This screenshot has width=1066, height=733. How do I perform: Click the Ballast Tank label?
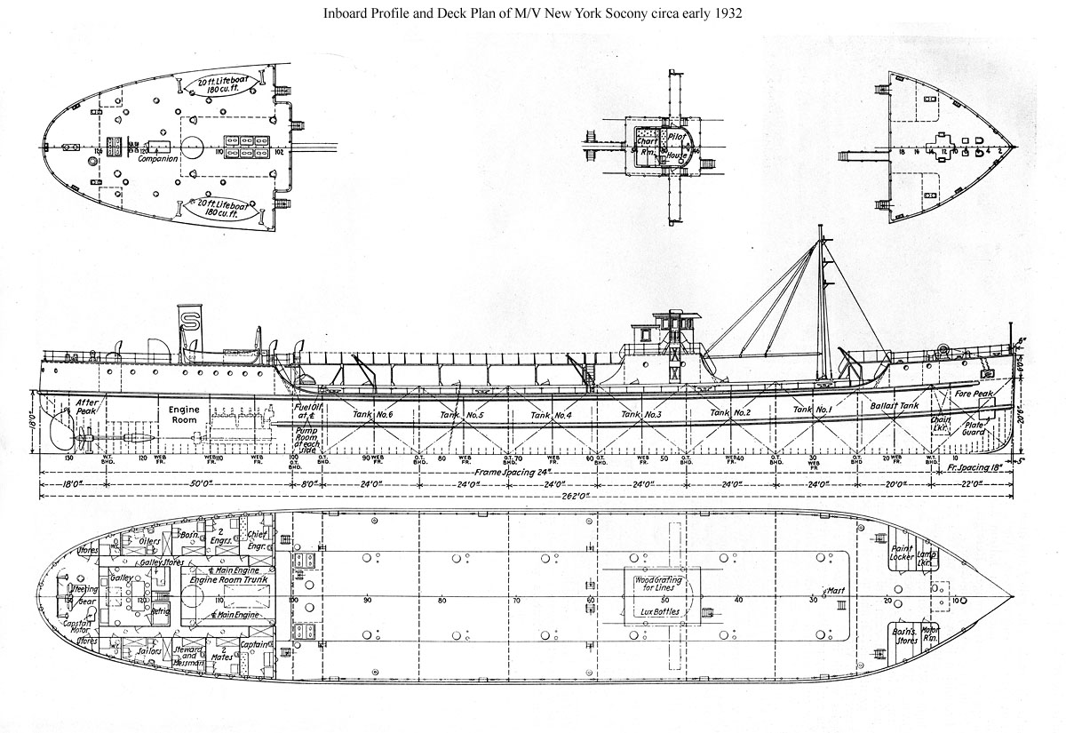pyautogui.click(x=896, y=404)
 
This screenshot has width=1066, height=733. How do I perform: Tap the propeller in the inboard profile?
pyautogui.click(x=82, y=435)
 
